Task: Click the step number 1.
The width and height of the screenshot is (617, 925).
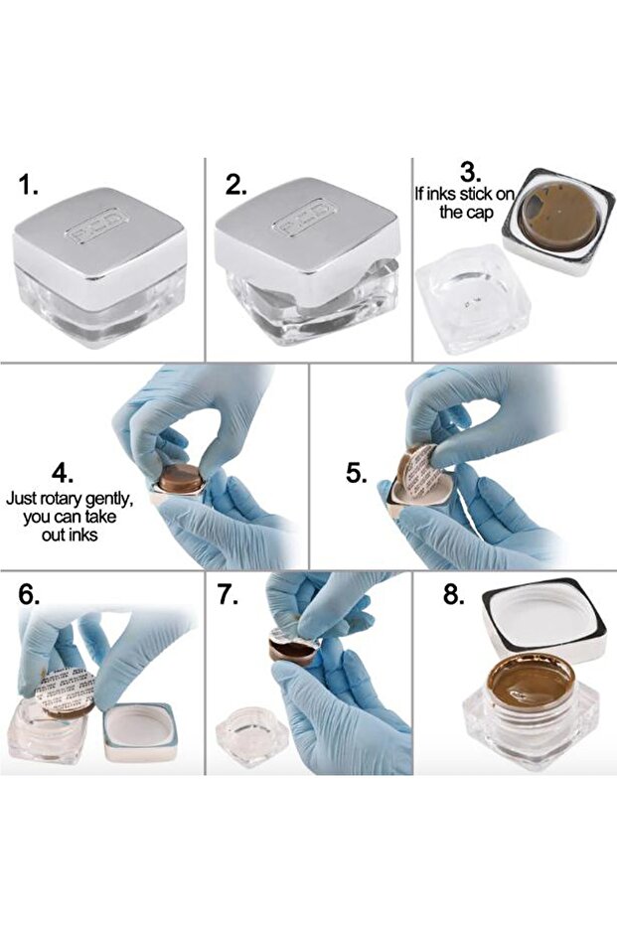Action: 28,185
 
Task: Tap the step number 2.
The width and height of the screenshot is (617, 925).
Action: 235,185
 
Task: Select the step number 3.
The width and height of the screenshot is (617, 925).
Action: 470,174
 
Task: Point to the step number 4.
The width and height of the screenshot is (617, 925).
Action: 64,474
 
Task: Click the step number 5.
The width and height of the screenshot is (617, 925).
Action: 357,473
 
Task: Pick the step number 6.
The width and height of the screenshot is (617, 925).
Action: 29,594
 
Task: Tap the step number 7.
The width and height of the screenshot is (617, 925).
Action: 228,594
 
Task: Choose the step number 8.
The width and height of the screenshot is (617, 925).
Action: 454,594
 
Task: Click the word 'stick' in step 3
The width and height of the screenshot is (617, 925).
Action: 476,194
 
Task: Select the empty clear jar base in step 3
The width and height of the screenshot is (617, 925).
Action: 473,299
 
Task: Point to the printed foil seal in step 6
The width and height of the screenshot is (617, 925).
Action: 65,688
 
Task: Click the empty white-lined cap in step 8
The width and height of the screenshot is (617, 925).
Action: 544,619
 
